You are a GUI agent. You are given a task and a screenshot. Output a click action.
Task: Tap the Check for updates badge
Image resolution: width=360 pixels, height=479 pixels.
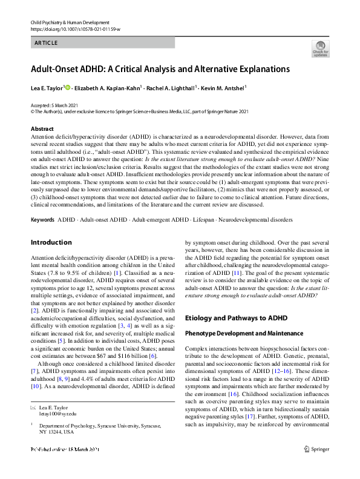(x=319, y=49)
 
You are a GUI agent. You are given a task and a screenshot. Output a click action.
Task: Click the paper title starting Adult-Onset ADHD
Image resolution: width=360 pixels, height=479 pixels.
(x=160, y=69)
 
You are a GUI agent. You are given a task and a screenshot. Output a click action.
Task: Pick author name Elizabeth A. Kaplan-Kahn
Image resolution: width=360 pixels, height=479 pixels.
(x=111, y=88)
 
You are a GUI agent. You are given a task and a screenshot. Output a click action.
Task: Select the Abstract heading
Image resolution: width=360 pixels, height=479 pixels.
(x=42, y=129)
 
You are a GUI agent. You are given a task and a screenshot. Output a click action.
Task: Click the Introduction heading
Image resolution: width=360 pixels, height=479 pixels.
(x=51, y=243)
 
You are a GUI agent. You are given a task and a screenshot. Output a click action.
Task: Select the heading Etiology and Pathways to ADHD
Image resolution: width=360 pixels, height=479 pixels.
(x=237, y=318)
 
